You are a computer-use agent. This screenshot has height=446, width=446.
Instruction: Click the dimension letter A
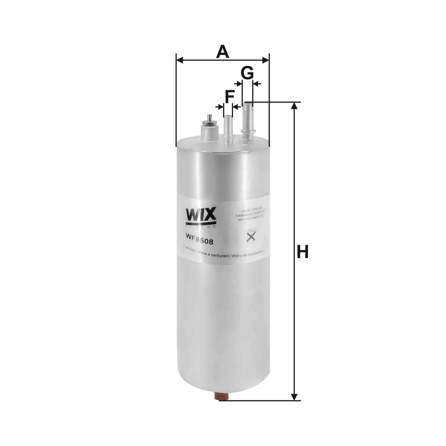pyautogui.click(x=223, y=52)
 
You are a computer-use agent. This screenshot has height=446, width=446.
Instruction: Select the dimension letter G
pyautogui.click(x=247, y=74)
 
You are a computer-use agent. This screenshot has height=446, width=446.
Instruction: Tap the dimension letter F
pyautogui.click(x=229, y=97)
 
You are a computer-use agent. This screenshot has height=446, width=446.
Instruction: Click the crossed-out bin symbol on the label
pyautogui.click(x=251, y=237)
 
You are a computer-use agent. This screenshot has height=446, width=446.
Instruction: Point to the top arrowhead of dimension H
pyautogui.click(x=295, y=106)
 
